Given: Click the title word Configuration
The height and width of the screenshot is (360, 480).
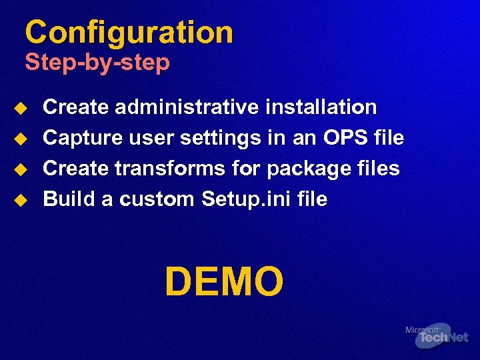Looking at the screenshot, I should point(129,33).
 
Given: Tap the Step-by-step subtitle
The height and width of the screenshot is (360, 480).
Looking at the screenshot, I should point(97,63).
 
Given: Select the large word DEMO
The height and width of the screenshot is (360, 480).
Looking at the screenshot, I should point(224,281).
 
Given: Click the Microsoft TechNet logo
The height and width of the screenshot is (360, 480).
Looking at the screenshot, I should point(437,335).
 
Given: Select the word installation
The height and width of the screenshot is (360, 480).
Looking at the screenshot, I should point(321,107).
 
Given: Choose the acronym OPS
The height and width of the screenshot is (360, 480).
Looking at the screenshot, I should point(345,138).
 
